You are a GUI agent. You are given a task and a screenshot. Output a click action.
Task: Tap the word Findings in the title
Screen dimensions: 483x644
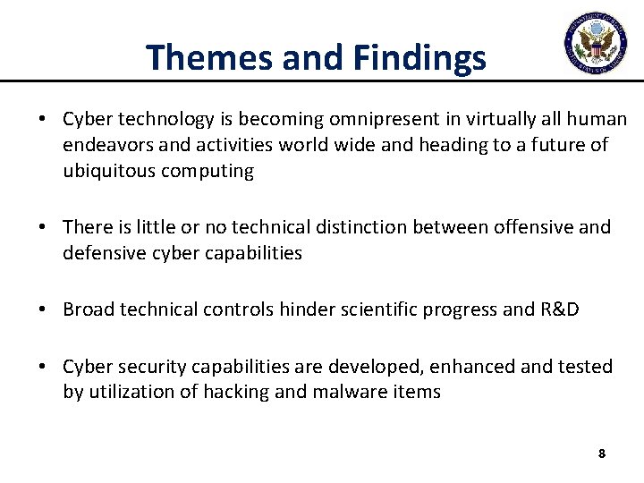[419, 57]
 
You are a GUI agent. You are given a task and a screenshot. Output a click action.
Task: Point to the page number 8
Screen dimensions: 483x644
[601, 453]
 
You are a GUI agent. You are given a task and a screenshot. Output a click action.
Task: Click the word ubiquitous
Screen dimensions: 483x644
[109, 171]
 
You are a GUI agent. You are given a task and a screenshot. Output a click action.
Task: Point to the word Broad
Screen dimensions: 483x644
[87, 309]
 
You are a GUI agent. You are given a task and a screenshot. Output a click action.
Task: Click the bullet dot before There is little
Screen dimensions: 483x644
[43, 228]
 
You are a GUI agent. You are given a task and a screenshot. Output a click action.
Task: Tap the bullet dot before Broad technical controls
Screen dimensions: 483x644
[43, 310]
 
